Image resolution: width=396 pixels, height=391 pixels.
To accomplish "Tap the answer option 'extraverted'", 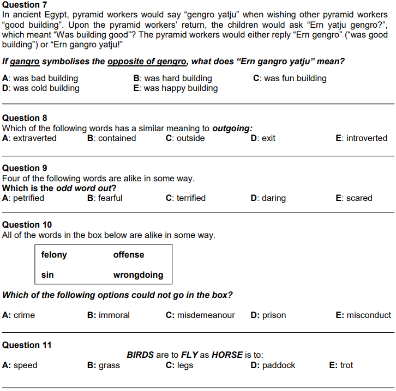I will pyautogui.click(x=34, y=138).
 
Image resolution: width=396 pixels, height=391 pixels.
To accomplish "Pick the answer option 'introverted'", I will pyautogui.click(x=367, y=138).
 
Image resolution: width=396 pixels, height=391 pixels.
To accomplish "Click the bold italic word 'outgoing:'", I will pyautogui.click(x=232, y=129).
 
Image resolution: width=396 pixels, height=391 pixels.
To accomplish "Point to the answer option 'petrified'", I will pyautogui.click(x=28, y=198).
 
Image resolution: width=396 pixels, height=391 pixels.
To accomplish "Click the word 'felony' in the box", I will pyautogui.click(x=54, y=255).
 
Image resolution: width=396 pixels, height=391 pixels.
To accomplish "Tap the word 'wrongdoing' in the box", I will pyautogui.click(x=138, y=275).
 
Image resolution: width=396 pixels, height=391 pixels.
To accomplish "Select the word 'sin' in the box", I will pyautogui.click(x=47, y=275).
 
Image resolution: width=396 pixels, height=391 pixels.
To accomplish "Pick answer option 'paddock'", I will pyautogui.click(x=278, y=365).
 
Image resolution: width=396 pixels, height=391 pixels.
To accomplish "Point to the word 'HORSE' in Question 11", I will pyautogui.click(x=227, y=355).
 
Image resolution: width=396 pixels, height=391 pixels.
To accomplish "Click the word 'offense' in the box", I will pyautogui.click(x=129, y=255).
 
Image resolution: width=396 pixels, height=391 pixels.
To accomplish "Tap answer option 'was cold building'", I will pyautogui.click(x=46, y=88).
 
